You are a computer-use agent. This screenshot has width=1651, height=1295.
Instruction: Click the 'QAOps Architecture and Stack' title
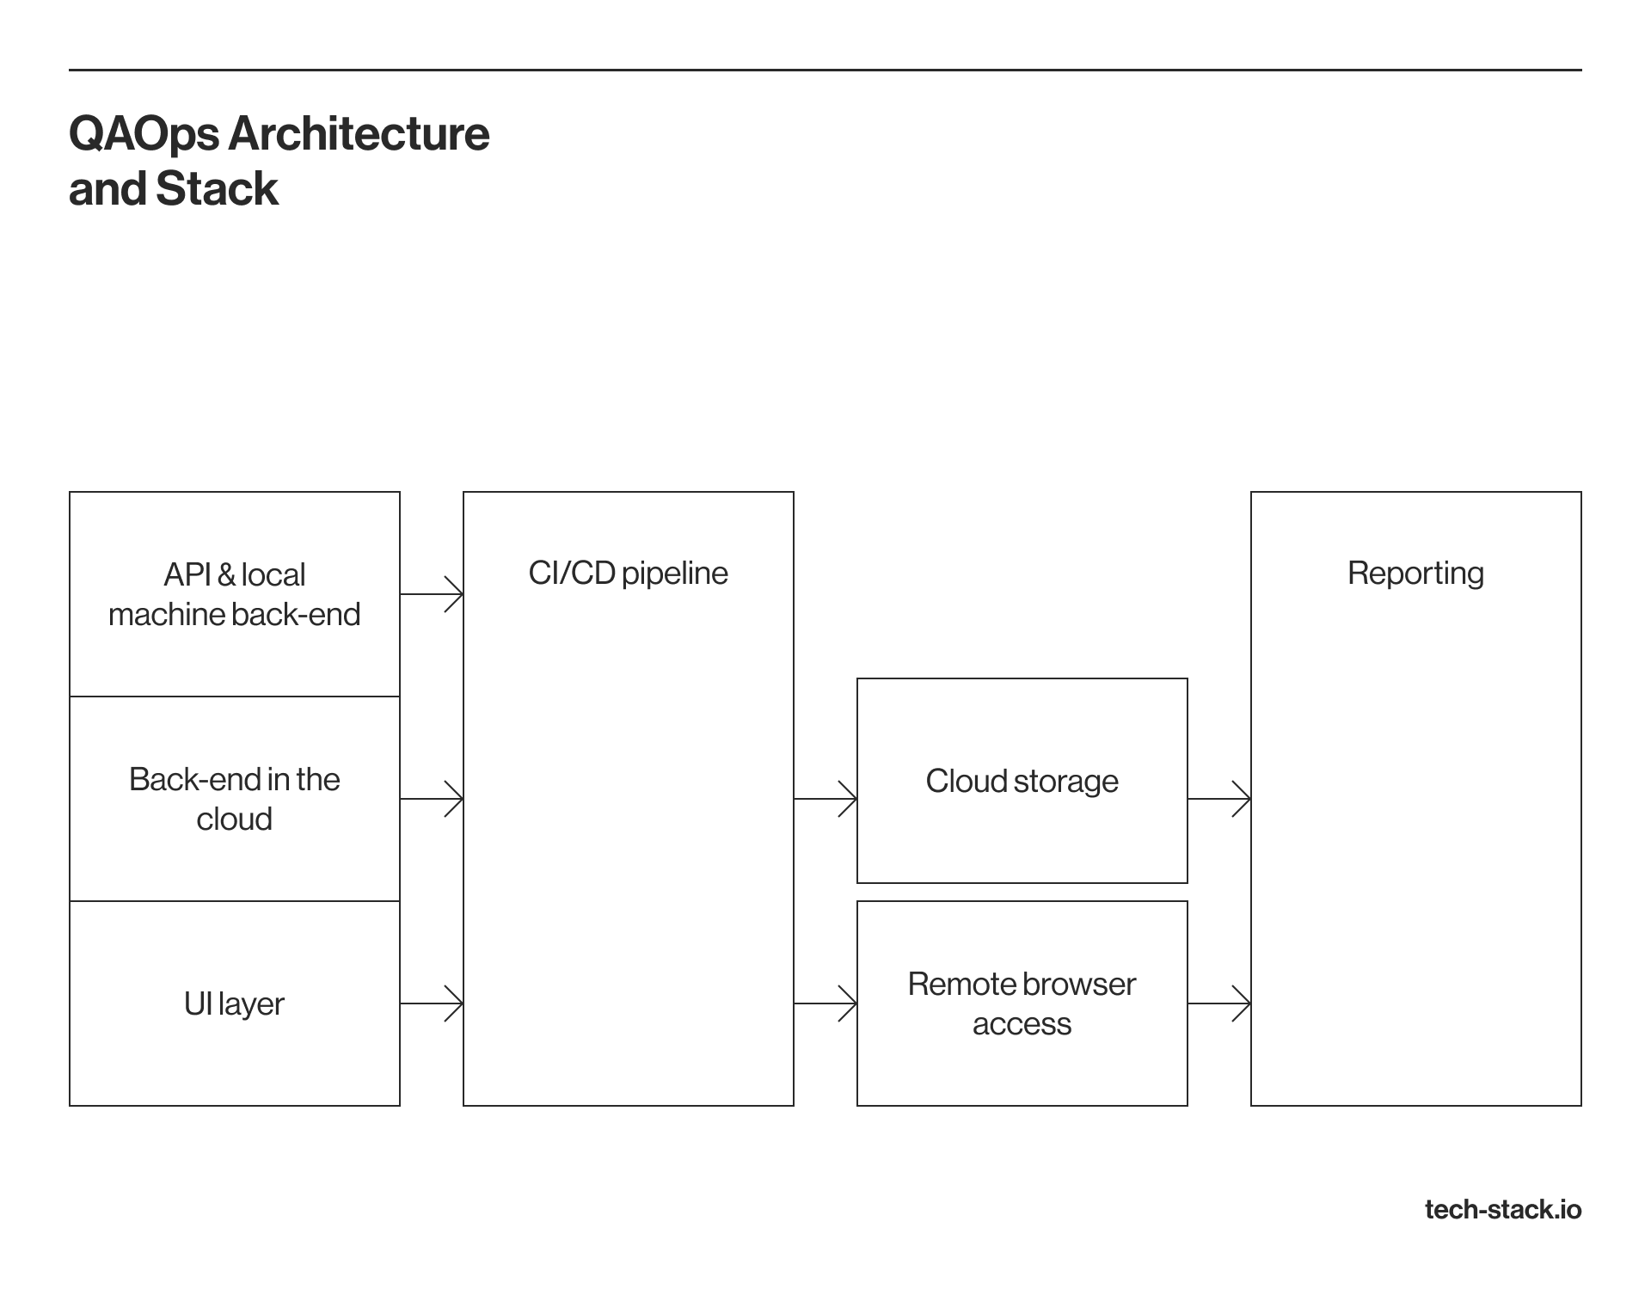coord(279,161)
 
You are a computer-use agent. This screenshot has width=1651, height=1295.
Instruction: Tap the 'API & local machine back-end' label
coord(234,594)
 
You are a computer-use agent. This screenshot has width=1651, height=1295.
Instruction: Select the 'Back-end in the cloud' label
coord(234,799)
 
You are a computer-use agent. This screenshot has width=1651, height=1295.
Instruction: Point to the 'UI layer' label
coord(234,1003)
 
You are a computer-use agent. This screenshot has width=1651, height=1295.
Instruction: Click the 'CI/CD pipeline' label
coord(628,574)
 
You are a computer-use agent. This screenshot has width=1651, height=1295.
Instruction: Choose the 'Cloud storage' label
coord(1022,781)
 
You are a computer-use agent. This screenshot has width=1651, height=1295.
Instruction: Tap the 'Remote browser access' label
coord(1022,1003)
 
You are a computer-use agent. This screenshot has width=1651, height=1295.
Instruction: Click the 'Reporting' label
coord(1415,574)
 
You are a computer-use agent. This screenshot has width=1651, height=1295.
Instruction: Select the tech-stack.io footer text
coord(1503,1210)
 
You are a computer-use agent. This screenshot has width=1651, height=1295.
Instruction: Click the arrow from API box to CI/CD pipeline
coord(432,594)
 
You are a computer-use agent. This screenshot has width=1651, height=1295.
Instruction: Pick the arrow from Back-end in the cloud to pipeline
coord(432,799)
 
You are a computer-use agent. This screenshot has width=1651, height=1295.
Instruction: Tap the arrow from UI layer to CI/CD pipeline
coord(432,1003)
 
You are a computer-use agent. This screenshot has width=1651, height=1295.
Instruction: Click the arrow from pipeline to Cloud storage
coord(825,799)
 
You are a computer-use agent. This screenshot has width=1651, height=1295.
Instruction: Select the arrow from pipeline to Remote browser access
coord(825,1003)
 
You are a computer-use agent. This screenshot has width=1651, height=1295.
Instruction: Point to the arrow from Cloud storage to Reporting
coord(1219,799)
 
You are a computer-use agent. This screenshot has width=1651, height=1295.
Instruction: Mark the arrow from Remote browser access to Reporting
coord(1219,1003)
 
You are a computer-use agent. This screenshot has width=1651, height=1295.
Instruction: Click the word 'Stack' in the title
coord(217,188)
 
